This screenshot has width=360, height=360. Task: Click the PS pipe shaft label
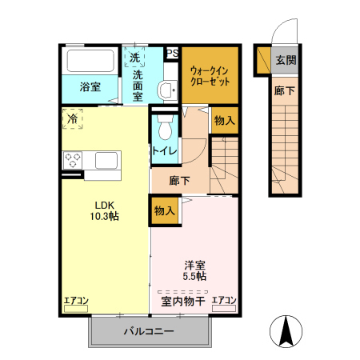click(171, 54)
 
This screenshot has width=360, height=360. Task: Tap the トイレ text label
click(165, 150)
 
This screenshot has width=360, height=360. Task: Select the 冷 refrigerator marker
click(73, 119)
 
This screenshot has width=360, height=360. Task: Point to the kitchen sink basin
click(106, 160)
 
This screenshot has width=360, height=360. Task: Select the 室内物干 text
click(182, 302)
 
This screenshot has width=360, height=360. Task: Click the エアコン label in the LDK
click(77, 301)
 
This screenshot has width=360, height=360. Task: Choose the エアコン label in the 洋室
click(224, 302)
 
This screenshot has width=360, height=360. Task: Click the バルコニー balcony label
click(148, 330)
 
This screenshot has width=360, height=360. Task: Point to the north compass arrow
click(286, 330)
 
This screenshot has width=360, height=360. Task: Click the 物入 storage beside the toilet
click(224, 121)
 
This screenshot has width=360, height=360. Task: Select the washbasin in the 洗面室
click(167, 90)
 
